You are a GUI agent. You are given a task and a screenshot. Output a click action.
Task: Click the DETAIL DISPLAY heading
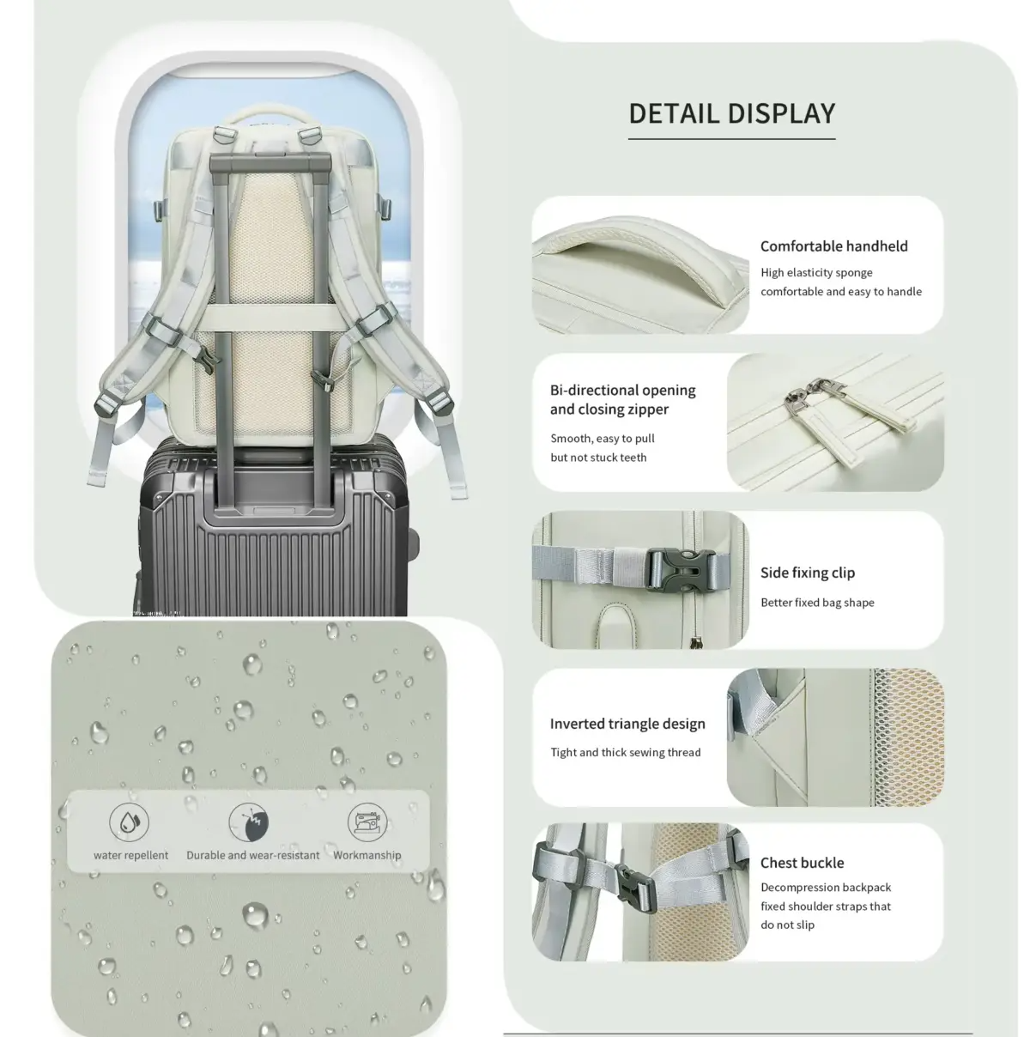click(x=732, y=113)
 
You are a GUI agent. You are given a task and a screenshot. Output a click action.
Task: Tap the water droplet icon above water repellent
click(x=129, y=822)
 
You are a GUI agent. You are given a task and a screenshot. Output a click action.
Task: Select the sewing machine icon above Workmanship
click(x=367, y=822)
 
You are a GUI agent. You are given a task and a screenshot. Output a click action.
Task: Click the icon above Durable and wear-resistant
click(x=249, y=822)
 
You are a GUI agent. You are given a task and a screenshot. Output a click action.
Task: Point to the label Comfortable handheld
click(x=833, y=246)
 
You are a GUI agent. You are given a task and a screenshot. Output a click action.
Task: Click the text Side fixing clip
click(x=807, y=573)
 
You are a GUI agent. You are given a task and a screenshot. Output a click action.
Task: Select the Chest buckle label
click(x=802, y=863)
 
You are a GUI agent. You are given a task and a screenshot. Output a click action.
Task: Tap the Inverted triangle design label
click(x=627, y=724)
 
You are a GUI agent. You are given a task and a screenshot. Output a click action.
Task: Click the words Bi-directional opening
click(x=622, y=390)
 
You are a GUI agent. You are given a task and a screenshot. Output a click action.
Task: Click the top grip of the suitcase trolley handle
click(x=270, y=161)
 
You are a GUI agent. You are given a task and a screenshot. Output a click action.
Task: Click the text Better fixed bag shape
click(x=817, y=603)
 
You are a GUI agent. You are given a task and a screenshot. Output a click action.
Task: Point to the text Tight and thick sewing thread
click(x=626, y=752)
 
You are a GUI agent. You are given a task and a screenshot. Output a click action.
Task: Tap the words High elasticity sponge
click(x=816, y=272)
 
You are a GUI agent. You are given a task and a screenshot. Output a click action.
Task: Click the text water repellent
click(x=130, y=854)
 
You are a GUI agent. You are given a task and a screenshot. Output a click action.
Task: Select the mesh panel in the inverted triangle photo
click(x=908, y=737)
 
